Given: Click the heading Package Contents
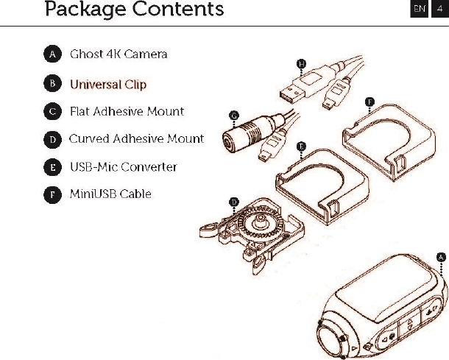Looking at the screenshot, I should (134, 10).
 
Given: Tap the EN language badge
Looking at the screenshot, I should (419, 10).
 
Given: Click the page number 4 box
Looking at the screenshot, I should (439, 10).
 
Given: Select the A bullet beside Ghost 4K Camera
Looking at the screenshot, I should (52, 54).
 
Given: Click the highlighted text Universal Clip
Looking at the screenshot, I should (108, 84).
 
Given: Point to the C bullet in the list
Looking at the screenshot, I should (52, 112).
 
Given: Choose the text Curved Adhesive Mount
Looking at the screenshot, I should (136, 138).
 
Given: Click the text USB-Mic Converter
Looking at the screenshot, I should (123, 167).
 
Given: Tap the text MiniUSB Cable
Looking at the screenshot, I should (110, 194).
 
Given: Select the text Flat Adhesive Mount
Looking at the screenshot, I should (127, 112).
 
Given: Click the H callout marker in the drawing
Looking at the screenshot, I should (301, 64).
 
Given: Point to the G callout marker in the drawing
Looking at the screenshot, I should (233, 115).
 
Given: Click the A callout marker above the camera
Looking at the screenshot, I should (441, 256).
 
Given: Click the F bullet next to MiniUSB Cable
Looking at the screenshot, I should (52, 194).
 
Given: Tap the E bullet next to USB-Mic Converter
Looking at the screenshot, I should (52, 167).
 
